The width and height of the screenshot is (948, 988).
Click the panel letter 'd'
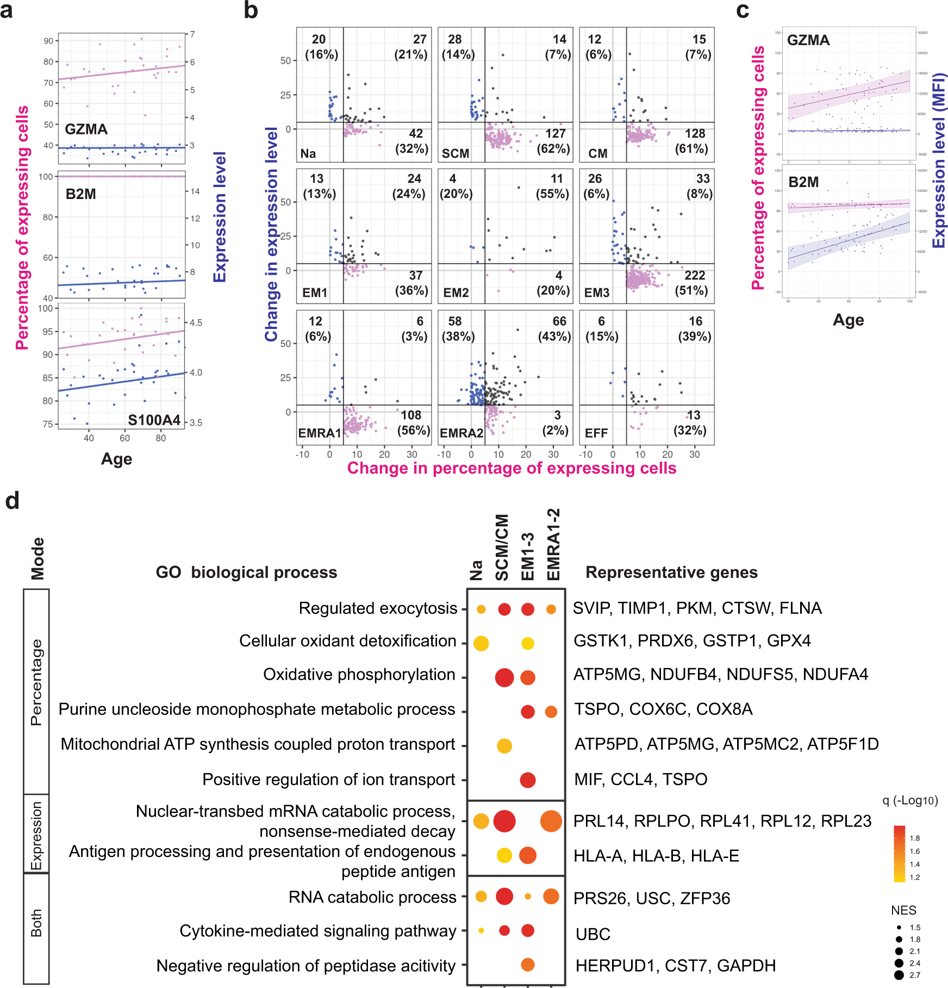tap(12, 501)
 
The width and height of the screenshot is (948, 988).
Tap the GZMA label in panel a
tap(86, 129)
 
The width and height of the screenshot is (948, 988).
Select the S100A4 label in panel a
tap(154, 420)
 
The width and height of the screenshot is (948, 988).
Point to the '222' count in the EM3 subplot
tap(694, 276)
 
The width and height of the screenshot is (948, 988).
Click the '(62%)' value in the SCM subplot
tap(553, 148)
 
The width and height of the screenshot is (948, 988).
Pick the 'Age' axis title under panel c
tap(848, 320)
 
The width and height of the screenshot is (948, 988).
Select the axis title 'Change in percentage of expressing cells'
tap(512, 468)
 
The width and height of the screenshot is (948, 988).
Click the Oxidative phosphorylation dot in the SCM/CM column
tap(504, 678)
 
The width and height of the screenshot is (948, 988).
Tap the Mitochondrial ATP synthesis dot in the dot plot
tap(504, 746)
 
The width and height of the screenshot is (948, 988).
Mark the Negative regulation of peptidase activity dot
tap(528, 965)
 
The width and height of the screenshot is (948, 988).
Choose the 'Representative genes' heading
tap(671, 572)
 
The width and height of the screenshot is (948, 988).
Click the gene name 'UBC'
tap(593, 934)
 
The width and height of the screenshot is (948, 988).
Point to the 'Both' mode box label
tap(36, 923)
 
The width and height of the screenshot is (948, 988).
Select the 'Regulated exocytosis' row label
tap(378, 608)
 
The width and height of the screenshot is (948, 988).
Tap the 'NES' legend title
tap(903, 910)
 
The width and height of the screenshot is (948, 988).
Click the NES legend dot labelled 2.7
tap(899, 975)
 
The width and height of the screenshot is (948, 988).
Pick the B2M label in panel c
tap(803, 182)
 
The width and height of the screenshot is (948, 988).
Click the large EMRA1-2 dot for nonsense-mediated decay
tap(551, 821)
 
